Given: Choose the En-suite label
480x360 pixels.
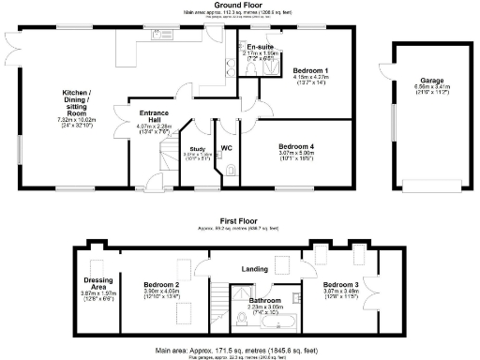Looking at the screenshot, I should tap(260, 46).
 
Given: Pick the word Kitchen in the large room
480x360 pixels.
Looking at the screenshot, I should tap(76, 93).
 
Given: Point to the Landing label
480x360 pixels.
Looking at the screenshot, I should tap(253, 270).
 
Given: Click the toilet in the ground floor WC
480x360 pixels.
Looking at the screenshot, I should tap(232, 170).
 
